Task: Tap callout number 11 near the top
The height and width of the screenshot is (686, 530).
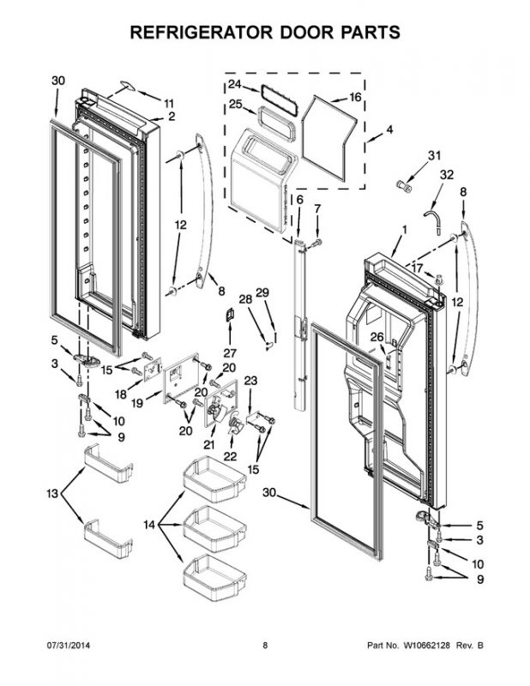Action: (x=169, y=103)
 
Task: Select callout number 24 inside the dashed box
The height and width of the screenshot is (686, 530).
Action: (x=235, y=85)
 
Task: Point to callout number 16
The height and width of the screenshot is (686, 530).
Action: (x=355, y=98)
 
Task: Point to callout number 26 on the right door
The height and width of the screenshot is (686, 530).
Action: (x=376, y=338)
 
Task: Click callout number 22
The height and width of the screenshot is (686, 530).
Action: (x=229, y=455)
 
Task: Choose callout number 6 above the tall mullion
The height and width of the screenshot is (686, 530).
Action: (x=299, y=200)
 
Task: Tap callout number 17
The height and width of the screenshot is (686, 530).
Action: (x=415, y=268)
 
